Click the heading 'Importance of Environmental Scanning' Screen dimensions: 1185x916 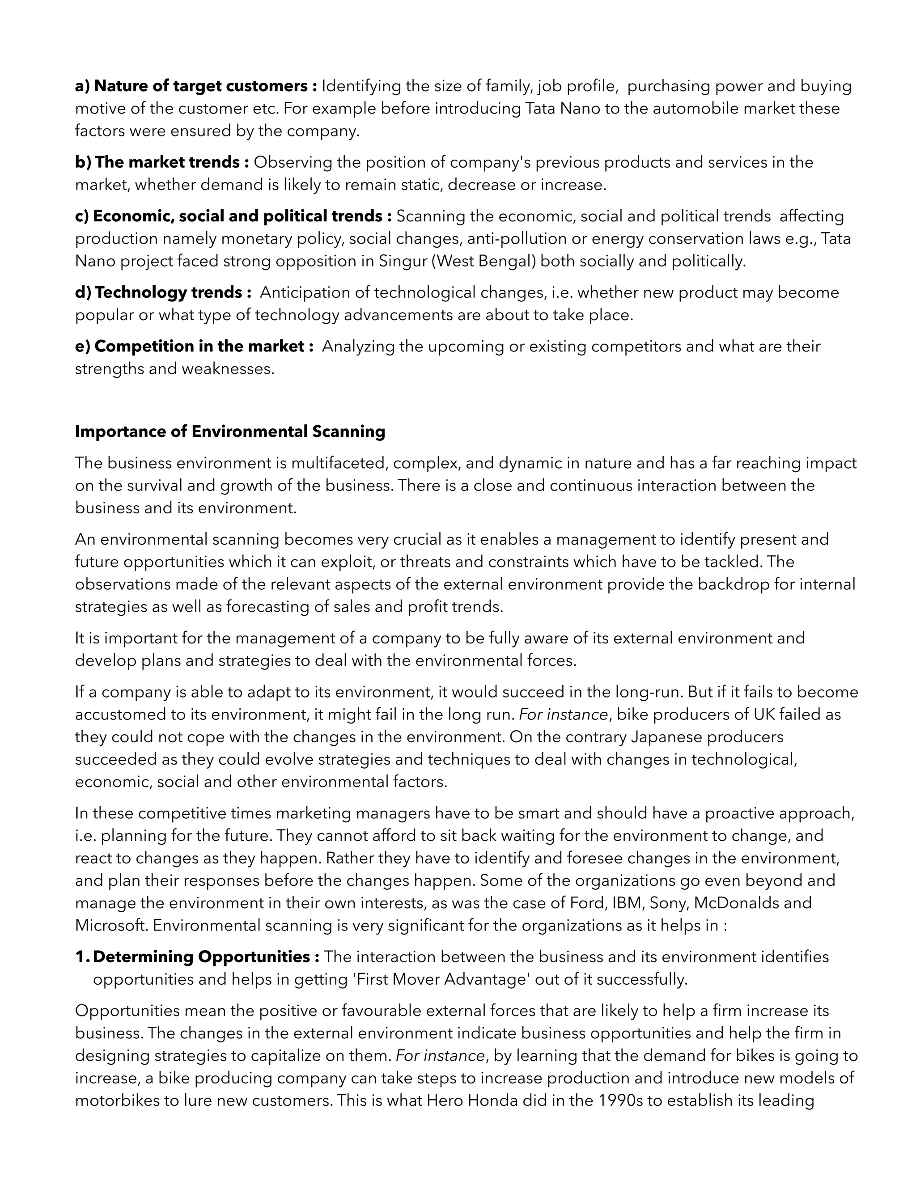coord(229,432)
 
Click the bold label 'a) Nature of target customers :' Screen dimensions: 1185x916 coord(196,86)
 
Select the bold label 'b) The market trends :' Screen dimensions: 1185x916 coord(162,162)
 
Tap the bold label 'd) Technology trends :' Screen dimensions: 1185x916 coord(163,292)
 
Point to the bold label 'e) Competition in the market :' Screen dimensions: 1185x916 coord(194,346)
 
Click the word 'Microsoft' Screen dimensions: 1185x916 coord(111,925)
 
